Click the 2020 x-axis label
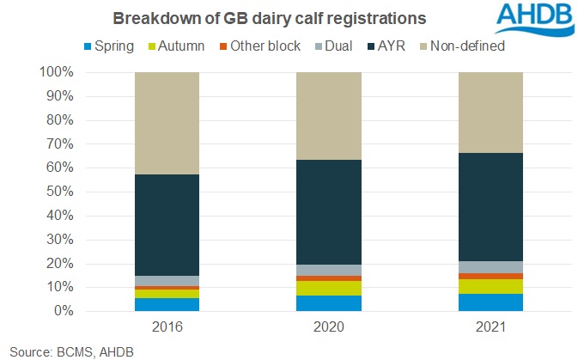pos(328,327)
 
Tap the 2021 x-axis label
pos(490,327)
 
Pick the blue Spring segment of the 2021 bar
pos(490,302)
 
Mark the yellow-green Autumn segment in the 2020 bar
pos(328,288)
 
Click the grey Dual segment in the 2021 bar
pos(490,266)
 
